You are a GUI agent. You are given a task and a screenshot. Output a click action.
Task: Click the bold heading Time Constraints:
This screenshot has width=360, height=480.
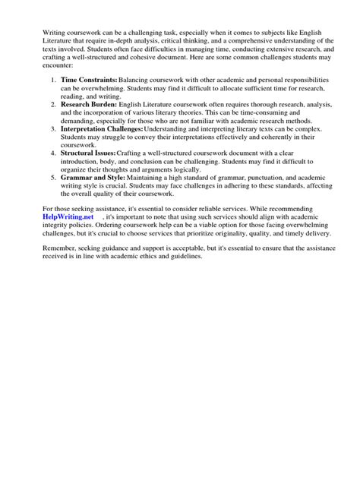pos(88,79)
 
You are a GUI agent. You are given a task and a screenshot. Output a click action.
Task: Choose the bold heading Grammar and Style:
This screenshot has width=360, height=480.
pos(93,178)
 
